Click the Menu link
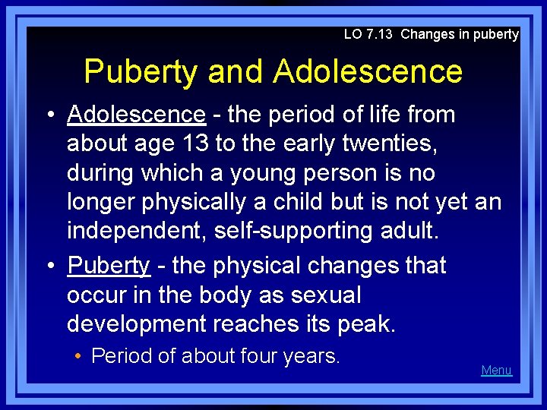point(496,371)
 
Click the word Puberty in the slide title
point(142,72)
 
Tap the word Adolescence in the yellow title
point(368,72)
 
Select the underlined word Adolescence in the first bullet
point(136,115)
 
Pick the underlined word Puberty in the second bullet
point(109,266)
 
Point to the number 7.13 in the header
point(381,34)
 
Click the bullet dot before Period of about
point(80,356)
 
